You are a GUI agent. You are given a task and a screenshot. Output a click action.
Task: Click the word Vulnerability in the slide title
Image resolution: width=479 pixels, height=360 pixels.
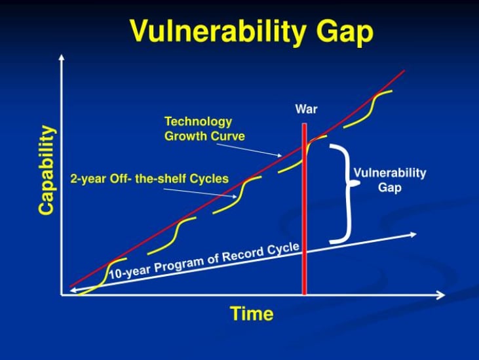click(x=218, y=31)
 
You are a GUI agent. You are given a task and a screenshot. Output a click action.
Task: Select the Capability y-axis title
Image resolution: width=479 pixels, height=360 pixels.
click(x=47, y=170)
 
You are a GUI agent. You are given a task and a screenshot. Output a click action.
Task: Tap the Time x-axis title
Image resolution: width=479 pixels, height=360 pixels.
click(x=252, y=313)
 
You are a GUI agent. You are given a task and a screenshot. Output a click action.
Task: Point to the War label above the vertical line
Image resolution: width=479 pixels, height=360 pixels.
click(x=306, y=109)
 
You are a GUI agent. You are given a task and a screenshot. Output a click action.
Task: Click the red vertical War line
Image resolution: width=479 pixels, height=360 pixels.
click(x=304, y=209)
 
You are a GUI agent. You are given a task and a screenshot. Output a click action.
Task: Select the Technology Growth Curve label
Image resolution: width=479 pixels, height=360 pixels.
click(x=204, y=129)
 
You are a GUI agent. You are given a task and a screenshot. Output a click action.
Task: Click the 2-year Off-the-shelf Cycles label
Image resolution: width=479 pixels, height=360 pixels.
click(x=149, y=178)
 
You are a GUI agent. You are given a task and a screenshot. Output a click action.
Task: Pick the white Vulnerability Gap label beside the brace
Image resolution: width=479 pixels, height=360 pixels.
click(x=390, y=180)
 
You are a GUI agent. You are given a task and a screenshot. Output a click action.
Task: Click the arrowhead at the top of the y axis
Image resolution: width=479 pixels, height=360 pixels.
click(x=62, y=57)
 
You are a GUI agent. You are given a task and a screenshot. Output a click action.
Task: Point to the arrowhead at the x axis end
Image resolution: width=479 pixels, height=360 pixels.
click(x=440, y=295)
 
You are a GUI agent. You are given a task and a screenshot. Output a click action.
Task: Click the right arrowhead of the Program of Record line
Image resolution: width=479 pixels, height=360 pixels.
click(x=413, y=235)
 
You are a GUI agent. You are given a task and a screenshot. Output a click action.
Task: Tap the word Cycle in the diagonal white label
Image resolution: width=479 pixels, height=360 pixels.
click(x=283, y=249)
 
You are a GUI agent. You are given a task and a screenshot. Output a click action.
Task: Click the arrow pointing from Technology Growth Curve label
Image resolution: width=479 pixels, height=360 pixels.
click(x=249, y=150)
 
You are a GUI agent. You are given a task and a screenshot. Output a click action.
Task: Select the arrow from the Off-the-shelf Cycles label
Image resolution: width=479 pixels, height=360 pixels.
click(x=200, y=193)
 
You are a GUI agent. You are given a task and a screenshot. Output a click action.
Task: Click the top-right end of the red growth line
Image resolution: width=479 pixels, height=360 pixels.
click(x=404, y=71)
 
